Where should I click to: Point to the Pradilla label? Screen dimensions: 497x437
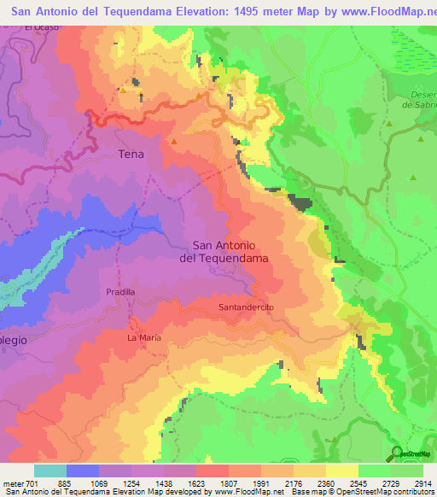120,291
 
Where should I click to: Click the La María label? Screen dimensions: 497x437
143,338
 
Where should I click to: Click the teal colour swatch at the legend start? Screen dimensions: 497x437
50,471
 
